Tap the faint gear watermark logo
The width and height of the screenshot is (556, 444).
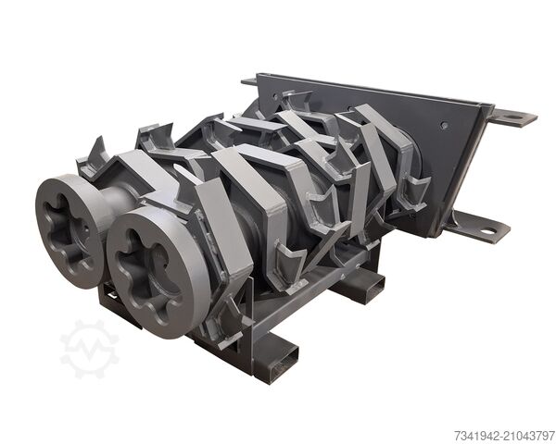pyautogui.click(x=89, y=349)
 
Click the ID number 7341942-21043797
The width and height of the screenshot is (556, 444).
pyautogui.click(x=504, y=435)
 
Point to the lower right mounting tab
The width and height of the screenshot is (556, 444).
pyautogui.click(x=479, y=227)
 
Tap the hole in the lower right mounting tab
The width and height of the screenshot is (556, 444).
pyautogui.click(x=488, y=232)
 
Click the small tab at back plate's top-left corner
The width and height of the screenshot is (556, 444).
pyautogui.click(x=249, y=81)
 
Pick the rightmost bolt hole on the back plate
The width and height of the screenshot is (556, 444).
pyautogui.click(x=444, y=125)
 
